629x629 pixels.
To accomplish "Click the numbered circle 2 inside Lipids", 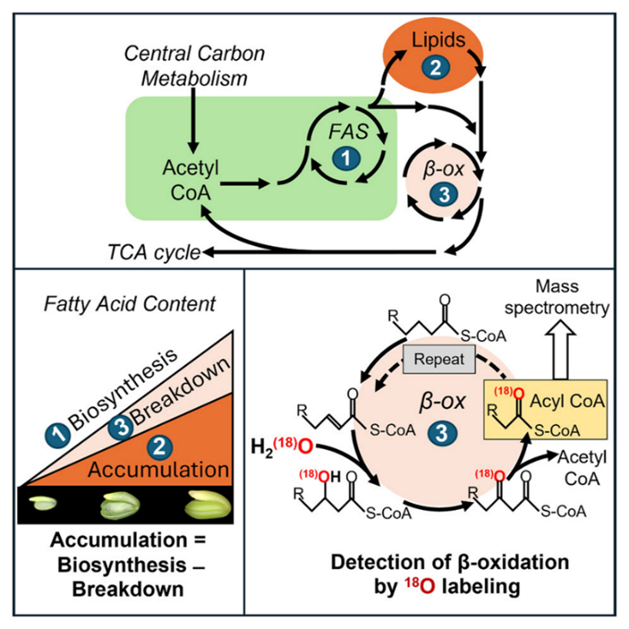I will point(434,67).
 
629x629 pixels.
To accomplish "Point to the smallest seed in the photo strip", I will point(45,504).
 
